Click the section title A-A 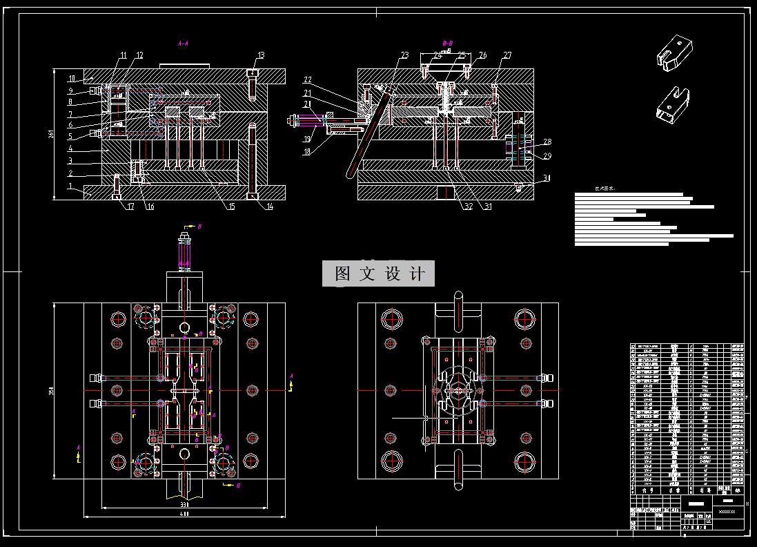tap(184, 44)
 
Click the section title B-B tap(447, 44)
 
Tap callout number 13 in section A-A tap(261, 55)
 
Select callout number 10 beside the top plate tap(70, 77)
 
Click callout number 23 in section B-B tap(404, 55)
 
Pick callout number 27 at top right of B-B tap(507, 55)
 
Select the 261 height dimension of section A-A tap(51, 133)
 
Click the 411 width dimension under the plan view tap(184, 514)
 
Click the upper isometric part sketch tap(674, 52)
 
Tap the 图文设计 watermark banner tap(379, 273)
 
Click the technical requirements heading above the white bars tap(604, 188)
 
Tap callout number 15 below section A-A tap(232, 206)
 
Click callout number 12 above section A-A tap(139, 55)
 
